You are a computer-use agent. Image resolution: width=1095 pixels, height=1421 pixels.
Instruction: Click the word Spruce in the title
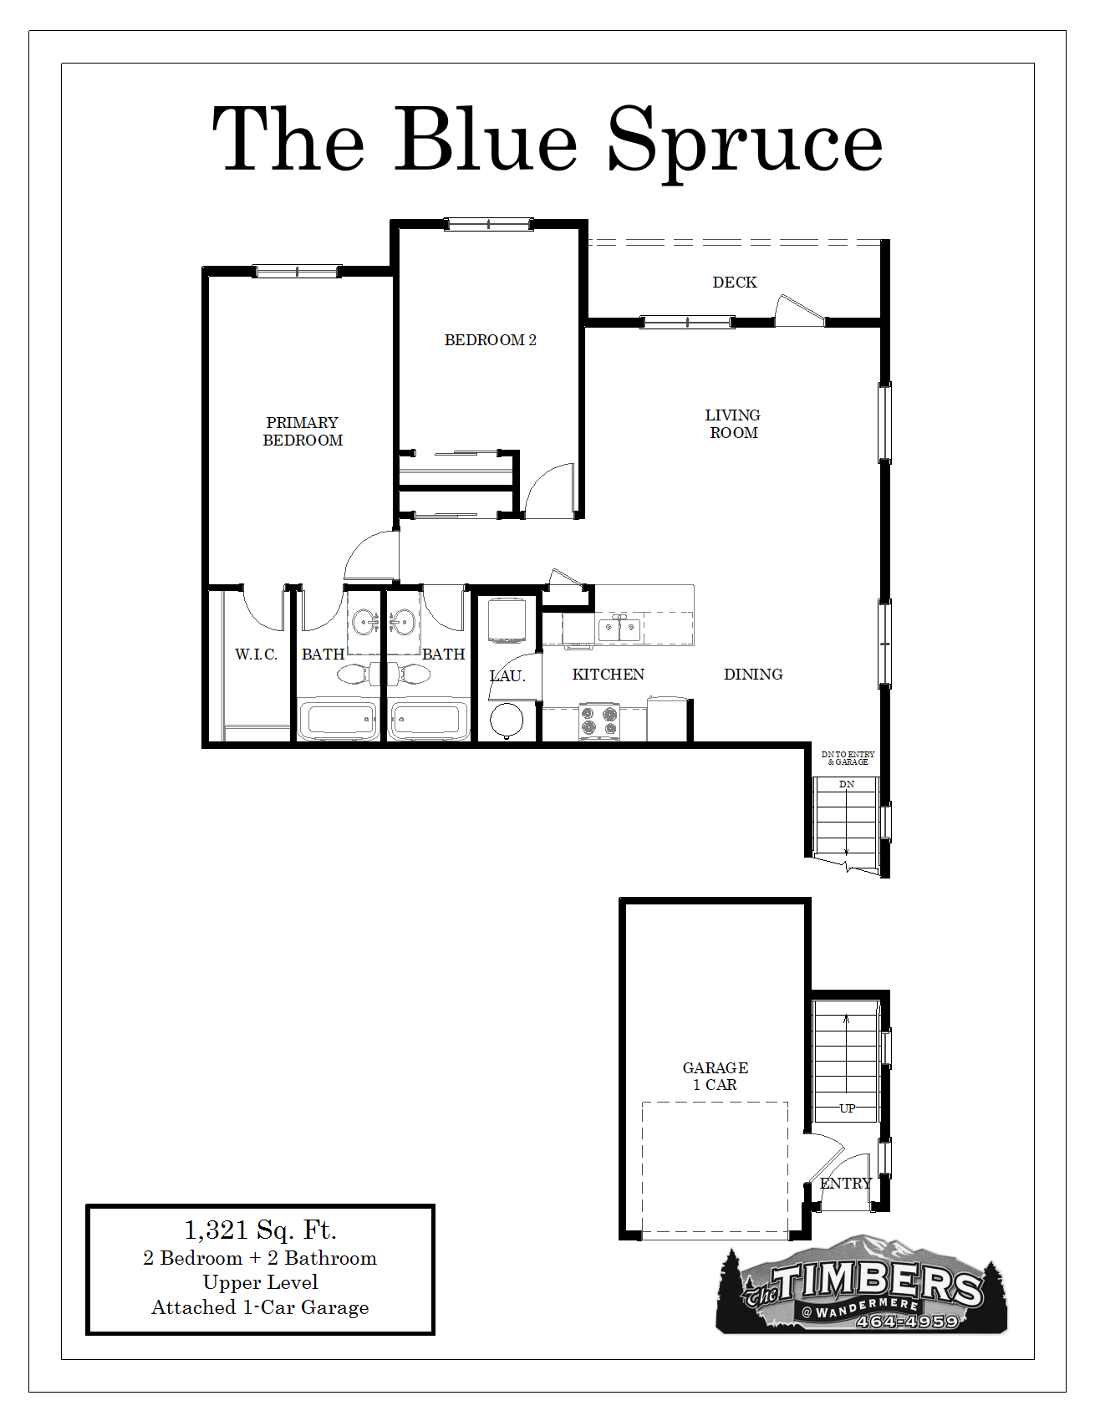(745, 141)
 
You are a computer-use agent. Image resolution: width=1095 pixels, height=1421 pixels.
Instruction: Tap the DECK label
(735, 283)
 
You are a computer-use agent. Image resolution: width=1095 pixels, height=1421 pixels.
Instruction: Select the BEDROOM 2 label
(491, 340)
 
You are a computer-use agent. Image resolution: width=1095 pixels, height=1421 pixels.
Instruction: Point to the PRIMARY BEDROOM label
(303, 431)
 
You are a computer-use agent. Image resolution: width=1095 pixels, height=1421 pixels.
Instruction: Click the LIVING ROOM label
(733, 424)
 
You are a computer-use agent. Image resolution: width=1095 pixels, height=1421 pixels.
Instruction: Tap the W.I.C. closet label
(256, 654)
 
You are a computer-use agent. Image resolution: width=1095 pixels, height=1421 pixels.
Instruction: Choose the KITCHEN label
(609, 675)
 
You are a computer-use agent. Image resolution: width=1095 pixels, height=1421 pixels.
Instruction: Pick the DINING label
(753, 675)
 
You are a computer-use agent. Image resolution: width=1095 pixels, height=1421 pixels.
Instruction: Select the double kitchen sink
(619, 629)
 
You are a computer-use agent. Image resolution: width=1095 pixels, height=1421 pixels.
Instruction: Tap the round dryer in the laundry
(506, 720)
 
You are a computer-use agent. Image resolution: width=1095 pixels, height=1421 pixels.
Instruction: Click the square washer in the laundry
(506, 620)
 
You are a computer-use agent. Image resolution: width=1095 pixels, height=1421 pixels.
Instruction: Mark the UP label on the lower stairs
(847, 1108)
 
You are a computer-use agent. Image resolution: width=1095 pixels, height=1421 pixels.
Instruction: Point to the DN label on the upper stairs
(847, 784)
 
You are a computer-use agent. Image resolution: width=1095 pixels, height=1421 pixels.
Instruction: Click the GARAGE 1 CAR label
(716, 1076)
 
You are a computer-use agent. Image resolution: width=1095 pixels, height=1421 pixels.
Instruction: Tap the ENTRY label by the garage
(846, 1184)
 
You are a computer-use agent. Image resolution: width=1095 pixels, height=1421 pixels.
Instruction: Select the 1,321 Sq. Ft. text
(260, 1230)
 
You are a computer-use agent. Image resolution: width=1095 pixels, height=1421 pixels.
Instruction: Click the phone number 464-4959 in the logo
(907, 1322)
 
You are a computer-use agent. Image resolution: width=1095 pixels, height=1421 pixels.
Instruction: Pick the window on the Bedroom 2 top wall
(489, 224)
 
